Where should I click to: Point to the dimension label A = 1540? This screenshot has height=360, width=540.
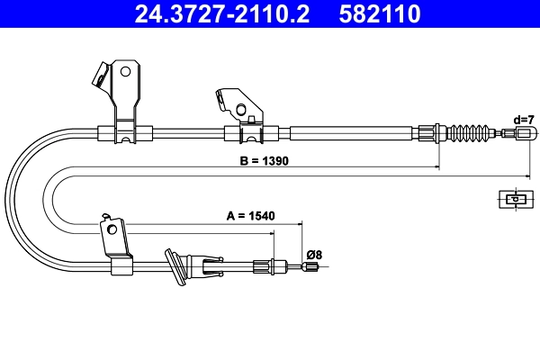[x=249, y=216]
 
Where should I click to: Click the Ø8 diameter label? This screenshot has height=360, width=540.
[x=313, y=255]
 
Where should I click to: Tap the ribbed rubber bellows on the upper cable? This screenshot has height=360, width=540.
[x=469, y=134]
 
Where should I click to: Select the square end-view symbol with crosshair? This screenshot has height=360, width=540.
[x=514, y=199]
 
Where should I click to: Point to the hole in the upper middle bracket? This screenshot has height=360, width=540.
[x=240, y=111]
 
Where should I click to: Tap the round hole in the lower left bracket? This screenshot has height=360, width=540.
[x=112, y=229]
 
